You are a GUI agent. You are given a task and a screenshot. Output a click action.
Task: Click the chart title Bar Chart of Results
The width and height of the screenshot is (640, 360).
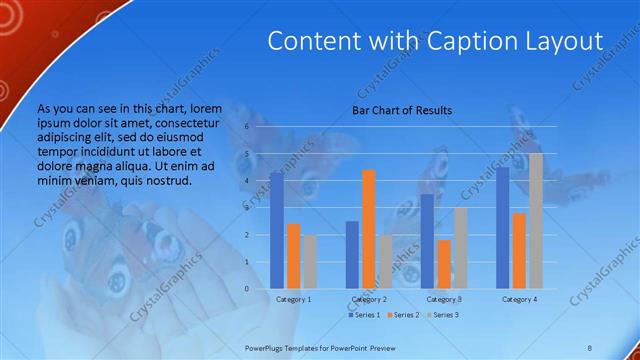[401, 110]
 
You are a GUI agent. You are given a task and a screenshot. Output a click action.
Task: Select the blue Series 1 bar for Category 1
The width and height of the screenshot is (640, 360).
[277, 230]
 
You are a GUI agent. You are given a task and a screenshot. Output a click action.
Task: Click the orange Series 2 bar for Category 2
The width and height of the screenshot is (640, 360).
[369, 229]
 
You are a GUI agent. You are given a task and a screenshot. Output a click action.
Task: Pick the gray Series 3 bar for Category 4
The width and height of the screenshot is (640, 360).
[536, 221]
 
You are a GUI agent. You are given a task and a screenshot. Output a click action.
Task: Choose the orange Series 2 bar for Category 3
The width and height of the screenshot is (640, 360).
[444, 264]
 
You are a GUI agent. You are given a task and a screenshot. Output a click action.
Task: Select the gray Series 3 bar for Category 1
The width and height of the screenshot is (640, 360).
[310, 262]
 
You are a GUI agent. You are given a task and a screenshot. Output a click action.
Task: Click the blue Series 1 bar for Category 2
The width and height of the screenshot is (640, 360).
[352, 255]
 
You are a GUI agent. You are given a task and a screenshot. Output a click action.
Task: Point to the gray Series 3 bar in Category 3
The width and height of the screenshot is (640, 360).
[460, 248]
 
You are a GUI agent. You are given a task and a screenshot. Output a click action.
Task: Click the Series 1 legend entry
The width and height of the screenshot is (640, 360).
[363, 315]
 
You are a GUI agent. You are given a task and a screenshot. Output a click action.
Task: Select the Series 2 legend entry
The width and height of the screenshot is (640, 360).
[402, 315]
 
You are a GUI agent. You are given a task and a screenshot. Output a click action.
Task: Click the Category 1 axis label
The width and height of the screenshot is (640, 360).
[294, 299]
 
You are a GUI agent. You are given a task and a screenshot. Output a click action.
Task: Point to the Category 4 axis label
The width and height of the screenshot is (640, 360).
[519, 299]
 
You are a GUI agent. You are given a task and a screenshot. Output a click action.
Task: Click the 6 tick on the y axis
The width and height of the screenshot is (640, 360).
[260, 128]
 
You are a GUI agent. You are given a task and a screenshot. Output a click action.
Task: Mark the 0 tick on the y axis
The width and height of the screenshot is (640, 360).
[260, 289]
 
